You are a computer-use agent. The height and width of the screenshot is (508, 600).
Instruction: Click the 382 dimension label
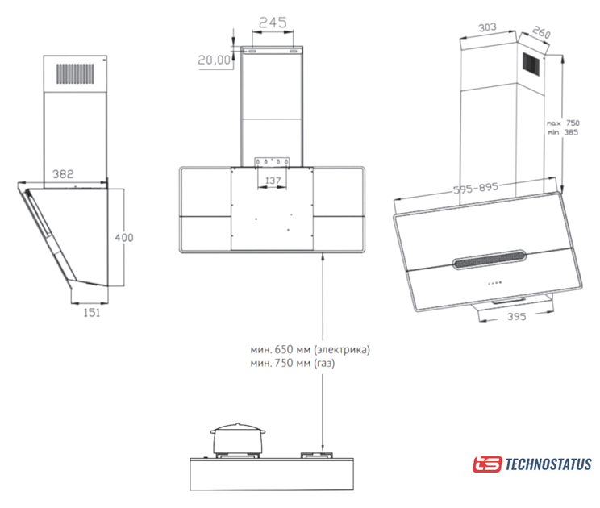(63, 174)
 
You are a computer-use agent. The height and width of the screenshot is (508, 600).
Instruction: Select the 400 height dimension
(124, 238)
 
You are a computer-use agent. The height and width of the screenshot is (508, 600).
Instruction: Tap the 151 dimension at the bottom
(92, 313)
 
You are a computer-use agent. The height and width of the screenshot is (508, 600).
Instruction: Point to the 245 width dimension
(273, 23)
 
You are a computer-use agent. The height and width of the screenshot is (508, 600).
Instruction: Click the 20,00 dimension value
(215, 60)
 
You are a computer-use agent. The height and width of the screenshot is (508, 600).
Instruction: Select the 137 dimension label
(273, 180)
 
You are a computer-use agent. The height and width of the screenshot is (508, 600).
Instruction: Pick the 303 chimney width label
(487, 27)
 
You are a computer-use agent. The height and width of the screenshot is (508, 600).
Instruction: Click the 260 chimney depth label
(541, 32)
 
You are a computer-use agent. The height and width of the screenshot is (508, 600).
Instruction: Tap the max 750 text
(563, 123)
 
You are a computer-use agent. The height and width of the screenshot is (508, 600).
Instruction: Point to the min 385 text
(563, 132)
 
